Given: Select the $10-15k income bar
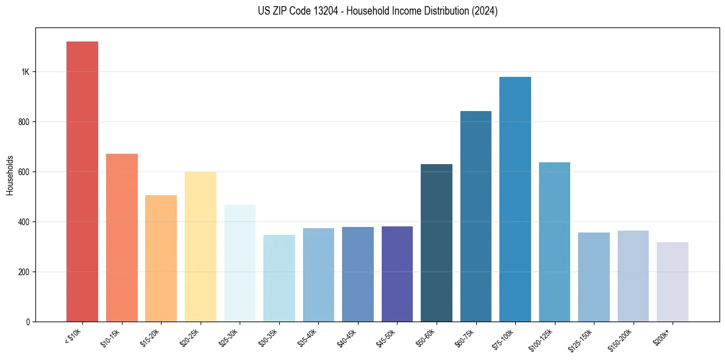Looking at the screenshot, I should [x=121, y=237].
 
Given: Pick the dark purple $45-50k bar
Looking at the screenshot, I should [x=397, y=274].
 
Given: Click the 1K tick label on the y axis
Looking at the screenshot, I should [x=25, y=72].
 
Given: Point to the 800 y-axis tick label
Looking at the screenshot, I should [x=24, y=122].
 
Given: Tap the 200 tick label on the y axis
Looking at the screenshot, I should [x=24, y=272].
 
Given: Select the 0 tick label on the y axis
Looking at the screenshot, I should [x=27, y=322].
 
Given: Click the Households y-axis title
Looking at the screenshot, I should [x=10, y=175].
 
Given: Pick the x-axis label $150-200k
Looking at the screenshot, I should [x=621, y=339].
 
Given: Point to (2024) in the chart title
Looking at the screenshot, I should [x=485, y=11].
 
